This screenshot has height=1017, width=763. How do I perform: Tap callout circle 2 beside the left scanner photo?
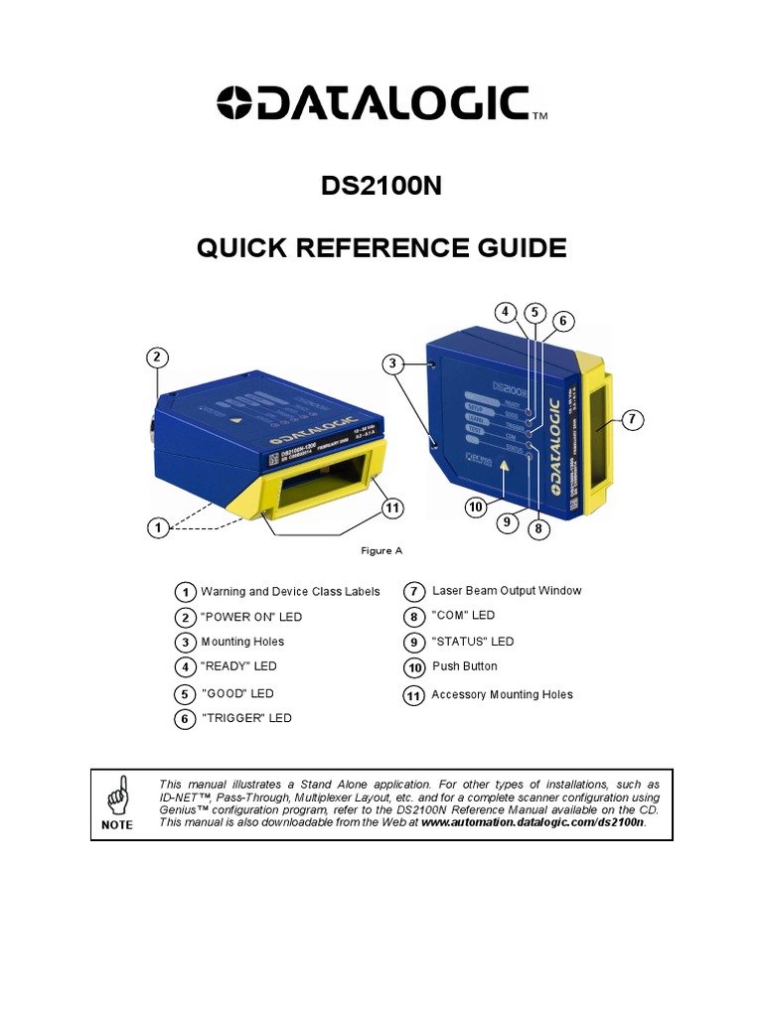tap(157, 357)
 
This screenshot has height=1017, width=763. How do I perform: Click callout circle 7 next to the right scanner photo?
tap(632, 420)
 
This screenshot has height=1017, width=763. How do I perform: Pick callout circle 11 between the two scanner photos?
tap(393, 508)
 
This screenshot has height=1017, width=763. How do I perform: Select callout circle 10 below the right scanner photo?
tap(477, 508)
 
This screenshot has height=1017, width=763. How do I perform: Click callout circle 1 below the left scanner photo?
tap(157, 528)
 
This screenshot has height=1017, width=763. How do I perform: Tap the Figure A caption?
tap(381, 549)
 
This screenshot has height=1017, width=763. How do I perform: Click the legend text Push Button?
tap(465, 666)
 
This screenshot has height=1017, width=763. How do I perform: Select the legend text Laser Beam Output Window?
tap(507, 591)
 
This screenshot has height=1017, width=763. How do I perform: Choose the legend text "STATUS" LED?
tap(473, 642)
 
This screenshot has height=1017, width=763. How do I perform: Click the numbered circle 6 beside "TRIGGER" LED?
tap(184, 718)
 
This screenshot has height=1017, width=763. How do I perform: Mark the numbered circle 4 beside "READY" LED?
tap(184, 666)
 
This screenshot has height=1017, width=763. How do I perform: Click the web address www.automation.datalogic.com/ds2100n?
tap(533, 823)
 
